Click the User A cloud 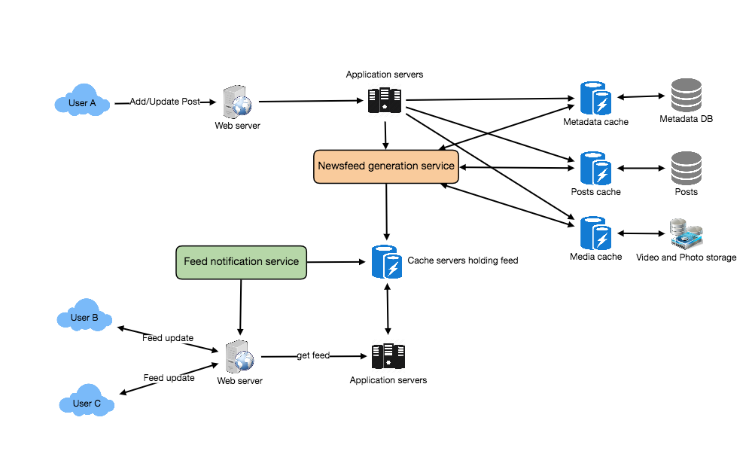pos(82,103)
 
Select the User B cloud pos(84,318)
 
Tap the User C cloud pos(87,404)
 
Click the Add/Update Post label pos(165,102)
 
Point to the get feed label pos(313,355)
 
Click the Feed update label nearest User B pos(168,339)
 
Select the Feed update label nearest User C pos(169,378)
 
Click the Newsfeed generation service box pos(385,166)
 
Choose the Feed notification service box pos(241,262)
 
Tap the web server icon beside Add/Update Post pos(237,102)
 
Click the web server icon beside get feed pos(240,356)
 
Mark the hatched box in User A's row pos(385,100)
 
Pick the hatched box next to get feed pos(388,355)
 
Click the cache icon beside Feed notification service pos(386,261)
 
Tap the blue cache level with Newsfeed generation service pos(595,168)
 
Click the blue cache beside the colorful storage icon pos(595,233)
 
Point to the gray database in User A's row pos(686,96)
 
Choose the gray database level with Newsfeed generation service pos(686,168)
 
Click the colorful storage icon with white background pos(686,233)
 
